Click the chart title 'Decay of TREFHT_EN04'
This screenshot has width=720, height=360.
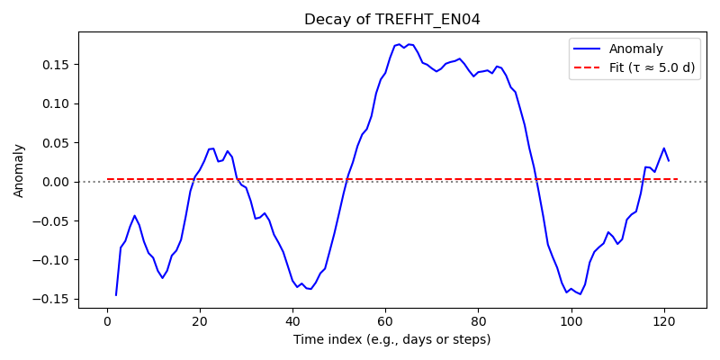[x=392, y=20]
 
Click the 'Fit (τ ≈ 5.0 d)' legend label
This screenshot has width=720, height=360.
[x=652, y=68]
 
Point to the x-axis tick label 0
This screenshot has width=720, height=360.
[x=107, y=321]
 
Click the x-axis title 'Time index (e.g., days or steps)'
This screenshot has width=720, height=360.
[x=392, y=340]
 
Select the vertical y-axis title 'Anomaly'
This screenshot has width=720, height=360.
[x=18, y=172]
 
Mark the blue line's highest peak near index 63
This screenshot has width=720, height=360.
[x=399, y=44]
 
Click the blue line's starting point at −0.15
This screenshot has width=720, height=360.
[x=116, y=295]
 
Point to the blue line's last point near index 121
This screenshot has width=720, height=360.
[x=669, y=161]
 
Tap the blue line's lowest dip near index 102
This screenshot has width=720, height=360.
[x=580, y=294]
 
